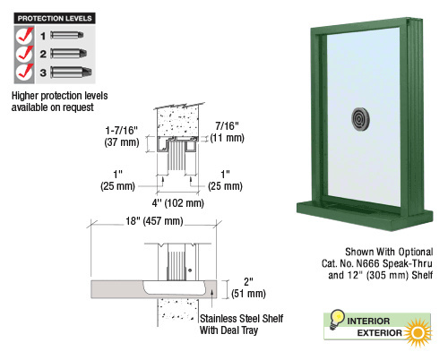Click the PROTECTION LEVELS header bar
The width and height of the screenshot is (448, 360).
click(x=55, y=18)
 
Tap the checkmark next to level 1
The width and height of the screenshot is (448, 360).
click(x=24, y=36)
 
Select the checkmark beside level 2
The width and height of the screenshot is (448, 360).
click(x=24, y=54)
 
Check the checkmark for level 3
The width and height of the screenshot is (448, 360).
click(x=24, y=72)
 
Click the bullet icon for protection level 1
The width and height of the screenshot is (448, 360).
click(x=67, y=35)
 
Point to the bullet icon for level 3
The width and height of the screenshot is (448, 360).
click(x=71, y=72)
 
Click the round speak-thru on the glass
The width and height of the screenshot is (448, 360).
click(x=360, y=119)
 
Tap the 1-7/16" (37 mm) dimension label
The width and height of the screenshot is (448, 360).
click(x=122, y=136)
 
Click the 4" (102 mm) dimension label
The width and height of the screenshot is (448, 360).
click(x=177, y=203)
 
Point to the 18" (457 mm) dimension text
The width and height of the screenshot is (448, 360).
click(x=154, y=221)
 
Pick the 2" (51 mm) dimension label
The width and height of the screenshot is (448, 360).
click(x=248, y=287)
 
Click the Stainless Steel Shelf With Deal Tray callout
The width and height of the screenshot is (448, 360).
click(x=241, y=324)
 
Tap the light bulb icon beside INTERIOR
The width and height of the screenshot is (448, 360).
click(x=337, y=319)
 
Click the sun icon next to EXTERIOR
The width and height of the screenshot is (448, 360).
click(x=418, y=332)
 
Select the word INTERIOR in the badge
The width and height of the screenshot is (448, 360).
click(x=368, y=321)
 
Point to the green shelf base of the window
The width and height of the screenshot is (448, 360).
click(x=365, y=216)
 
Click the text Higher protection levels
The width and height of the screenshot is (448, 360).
click(x=59, y=96)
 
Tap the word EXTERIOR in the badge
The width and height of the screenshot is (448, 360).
click(x=380, y=333)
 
